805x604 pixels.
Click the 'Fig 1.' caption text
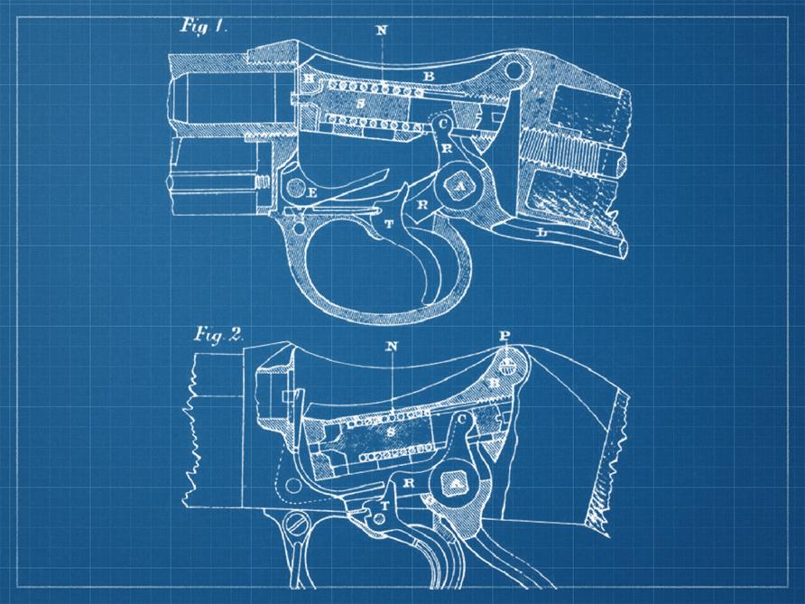(x=203, y=26)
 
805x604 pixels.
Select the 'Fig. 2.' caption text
(x=218, y=335)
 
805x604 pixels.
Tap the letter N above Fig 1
(x=382, y=31)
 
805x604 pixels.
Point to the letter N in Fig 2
(x=392, y=346)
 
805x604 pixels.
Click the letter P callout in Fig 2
(x=505, y=335)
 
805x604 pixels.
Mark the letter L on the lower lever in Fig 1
(x=541, y=232)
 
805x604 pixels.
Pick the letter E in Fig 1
(x=310, y=193)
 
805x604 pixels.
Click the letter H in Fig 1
(x=309, y=78)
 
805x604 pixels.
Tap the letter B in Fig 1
(x=429, y=77)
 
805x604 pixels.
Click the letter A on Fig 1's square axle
(x=460, y=188)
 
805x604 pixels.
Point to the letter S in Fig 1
(x=361, y=104)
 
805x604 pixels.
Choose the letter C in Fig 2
(x=462, y=420)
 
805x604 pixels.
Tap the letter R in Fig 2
(x=409, y=483)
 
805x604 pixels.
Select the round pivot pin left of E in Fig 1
(x=295, y=188)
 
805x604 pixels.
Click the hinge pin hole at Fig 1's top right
(x=513, y=69)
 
